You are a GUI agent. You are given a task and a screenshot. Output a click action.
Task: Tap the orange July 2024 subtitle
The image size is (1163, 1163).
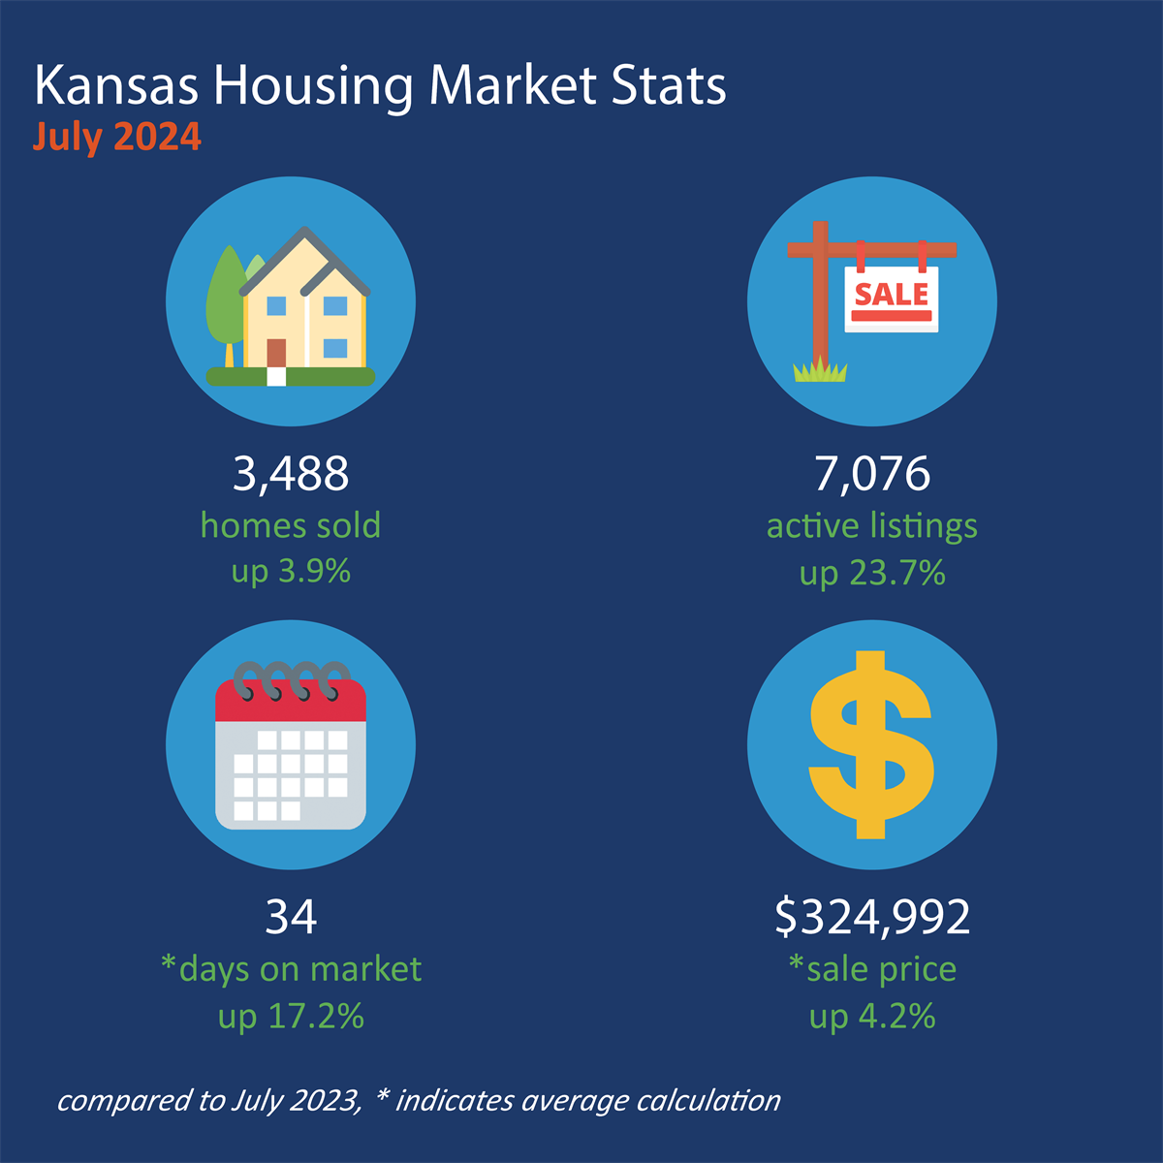[x=117, y=137]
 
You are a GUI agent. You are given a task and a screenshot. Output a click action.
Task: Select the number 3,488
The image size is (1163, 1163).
[x=291, y=474]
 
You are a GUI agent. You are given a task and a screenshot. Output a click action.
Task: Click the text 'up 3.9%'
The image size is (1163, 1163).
[x=291, y=571]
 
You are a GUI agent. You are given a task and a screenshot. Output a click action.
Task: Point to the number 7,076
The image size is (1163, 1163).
[x=872, y=474]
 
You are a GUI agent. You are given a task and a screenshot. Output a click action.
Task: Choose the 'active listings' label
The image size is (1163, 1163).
[x=872, y=526]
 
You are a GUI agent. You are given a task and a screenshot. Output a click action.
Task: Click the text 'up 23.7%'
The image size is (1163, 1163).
[x=872, y=573]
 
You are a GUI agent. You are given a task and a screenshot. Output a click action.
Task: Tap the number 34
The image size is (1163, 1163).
[x=291, y=917]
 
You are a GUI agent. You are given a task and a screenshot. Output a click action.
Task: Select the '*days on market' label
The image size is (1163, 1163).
[x=291, y=969]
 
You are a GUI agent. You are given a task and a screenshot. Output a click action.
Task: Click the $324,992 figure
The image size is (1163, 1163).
[x=872, y=917]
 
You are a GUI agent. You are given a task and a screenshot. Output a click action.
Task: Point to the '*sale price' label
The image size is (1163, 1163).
[x=872, y=969]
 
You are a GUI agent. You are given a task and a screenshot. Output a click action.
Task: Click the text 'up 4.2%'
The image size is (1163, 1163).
[x=872, y=1016]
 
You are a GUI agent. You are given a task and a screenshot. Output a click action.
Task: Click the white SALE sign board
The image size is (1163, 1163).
[x=892, y=299]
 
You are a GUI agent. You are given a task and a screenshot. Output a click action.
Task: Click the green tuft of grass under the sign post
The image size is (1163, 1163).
[x=820, y=369]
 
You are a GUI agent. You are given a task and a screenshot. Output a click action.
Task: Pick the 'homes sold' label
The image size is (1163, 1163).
[x=291, y=525]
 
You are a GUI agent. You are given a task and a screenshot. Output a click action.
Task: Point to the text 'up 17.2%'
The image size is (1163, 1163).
[x=291, y=1016]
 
